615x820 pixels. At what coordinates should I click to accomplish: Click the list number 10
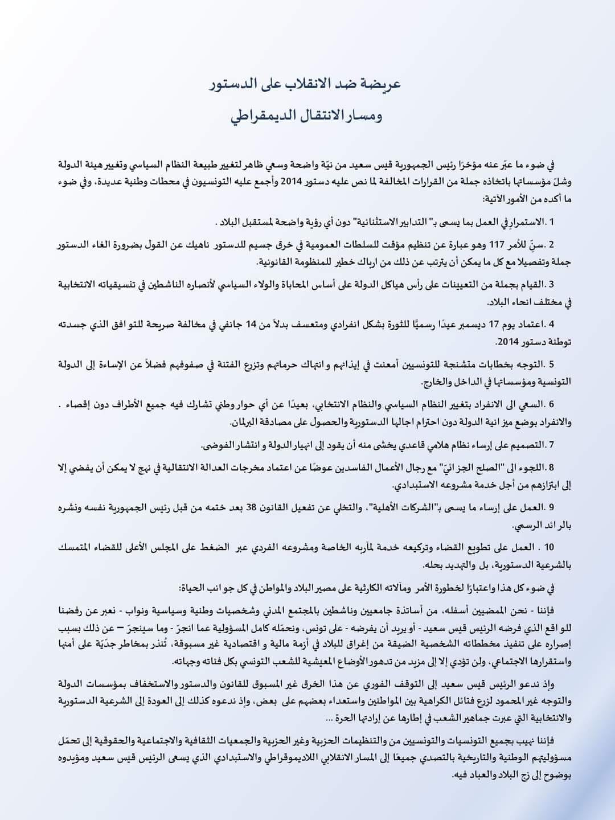(x=548, y=547)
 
